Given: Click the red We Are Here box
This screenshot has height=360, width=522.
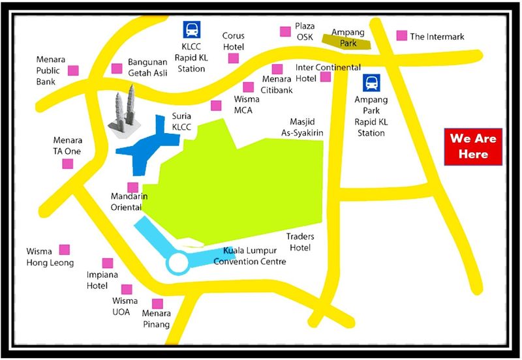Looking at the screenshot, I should tap(473, 147).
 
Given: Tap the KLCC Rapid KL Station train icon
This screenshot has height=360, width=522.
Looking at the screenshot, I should tap(191, 30).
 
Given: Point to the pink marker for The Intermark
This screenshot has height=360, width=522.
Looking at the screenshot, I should tap(401, 36).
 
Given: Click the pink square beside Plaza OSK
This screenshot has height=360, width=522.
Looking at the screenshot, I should tap(285, 31).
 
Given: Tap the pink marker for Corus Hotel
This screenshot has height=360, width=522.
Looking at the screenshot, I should tap(233, 59).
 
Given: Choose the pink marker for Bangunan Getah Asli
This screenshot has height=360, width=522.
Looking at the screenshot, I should tap(117, 68).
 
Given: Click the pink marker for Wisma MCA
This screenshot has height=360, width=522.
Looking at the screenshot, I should tap(216, 106).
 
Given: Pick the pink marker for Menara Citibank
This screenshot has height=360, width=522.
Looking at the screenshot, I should tap(248, 87).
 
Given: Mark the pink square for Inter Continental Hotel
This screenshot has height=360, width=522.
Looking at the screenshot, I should tap(325, 77).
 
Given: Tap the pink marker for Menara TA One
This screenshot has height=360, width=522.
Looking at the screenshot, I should tap(68, 164).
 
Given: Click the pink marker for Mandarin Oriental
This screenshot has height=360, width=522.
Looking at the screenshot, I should tap(132, 188).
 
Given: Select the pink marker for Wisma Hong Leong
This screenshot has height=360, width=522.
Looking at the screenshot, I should tap(65, 249).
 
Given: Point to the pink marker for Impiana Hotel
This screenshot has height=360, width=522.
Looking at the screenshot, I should tap(108, 263).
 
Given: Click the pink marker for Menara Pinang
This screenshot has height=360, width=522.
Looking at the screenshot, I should tap(157, 304).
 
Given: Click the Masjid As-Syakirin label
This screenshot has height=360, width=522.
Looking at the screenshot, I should tap(307, 127).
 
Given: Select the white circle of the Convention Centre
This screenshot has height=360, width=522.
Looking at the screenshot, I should tap(177, 263).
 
